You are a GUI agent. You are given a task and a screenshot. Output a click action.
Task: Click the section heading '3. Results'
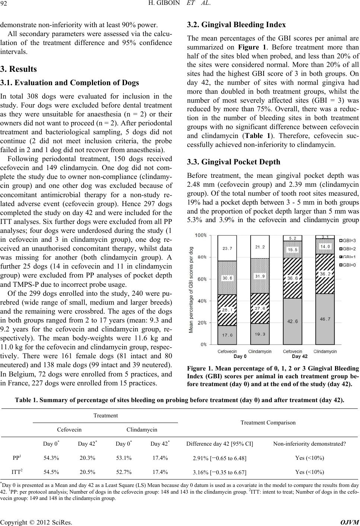click(18, 69)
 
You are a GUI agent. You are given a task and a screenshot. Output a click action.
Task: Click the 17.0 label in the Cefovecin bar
click(227, 335)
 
